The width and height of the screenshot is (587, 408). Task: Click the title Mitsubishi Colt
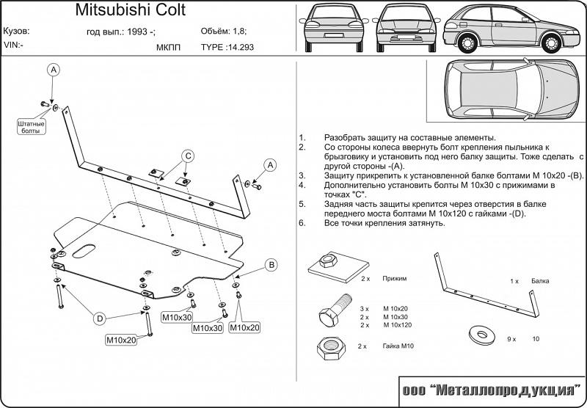point(131,11)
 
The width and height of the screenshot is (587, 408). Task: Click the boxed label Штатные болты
point(30,128)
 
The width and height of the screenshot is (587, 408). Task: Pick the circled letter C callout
point(187,156)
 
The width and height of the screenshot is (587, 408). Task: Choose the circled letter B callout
point(270,265)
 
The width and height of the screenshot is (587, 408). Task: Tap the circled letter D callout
point(100,318)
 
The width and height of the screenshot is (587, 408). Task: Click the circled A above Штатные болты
point(54,70)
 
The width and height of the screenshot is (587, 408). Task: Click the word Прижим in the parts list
point(394,280)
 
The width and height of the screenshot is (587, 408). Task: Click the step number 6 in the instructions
point(302,222)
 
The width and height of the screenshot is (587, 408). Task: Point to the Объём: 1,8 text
point(224,32)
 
